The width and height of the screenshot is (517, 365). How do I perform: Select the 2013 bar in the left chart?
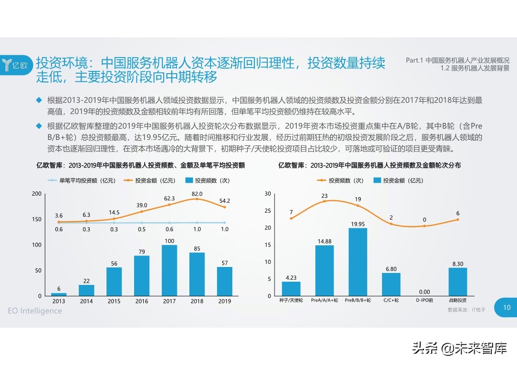click(59, 294)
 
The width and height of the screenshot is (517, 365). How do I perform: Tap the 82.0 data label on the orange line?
click(197, 194)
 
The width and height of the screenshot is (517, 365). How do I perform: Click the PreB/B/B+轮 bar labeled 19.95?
click(358, 262)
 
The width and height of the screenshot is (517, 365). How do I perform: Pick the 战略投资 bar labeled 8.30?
click(458, 282)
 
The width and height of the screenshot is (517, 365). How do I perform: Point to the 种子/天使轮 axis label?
click(291, 301)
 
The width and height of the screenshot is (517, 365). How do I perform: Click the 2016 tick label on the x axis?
click(141, 301)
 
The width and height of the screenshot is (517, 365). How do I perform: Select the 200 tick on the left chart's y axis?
click(36, 194)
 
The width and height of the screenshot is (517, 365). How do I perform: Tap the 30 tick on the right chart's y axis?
click(268, 194)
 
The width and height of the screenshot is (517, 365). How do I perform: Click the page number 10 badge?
click(506, 307)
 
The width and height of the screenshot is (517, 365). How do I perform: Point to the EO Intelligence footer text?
click(35, 311)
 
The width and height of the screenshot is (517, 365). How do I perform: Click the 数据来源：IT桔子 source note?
click(466, 310)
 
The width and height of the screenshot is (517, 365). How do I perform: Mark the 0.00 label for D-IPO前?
click(424, 292)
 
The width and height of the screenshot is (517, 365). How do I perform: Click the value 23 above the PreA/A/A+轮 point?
click(324, 196)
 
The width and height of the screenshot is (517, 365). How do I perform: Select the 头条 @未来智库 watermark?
click(459, 348)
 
